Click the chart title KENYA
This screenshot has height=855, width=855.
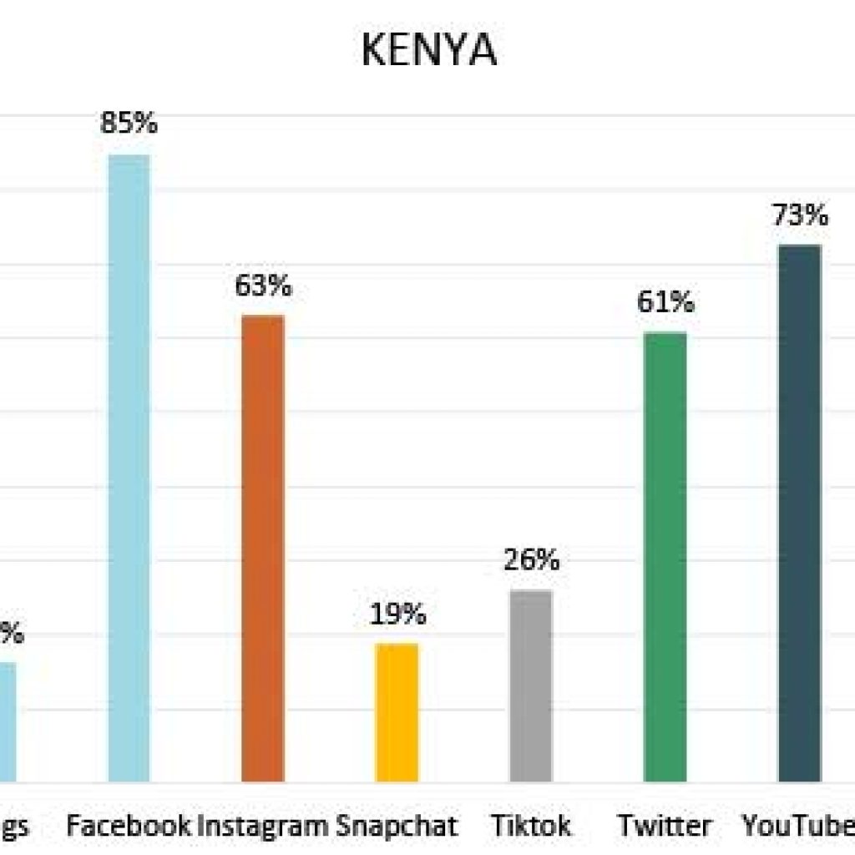[x=428, y=51]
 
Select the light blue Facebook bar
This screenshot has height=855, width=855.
[x=129, y=468]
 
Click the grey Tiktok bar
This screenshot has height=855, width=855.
[x=531, y=686]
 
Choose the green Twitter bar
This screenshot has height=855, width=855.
[x=665, y=557]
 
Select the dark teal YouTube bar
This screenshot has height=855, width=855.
[x=799, y=514]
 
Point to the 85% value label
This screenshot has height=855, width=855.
[x=129, y=124]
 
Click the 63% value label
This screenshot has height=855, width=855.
[x=263, y=286]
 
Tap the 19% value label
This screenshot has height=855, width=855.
[x=397, y=615]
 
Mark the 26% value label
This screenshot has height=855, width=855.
[x=531, y=560]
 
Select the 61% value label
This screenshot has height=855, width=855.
[x=665, y=301]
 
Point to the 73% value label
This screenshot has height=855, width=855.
[x=799, y=215]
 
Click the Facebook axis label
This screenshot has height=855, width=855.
[x=129, y=826]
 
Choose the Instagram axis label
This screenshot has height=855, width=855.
[x=263, y=826]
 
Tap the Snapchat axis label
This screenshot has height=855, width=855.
[x=397, y=826]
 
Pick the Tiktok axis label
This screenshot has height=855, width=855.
[x=531, y=826]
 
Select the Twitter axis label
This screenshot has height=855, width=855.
[x=665, y=826]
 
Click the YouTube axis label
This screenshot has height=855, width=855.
[x=798, y=826]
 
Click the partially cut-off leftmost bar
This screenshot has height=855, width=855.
[x=8, y=722]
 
